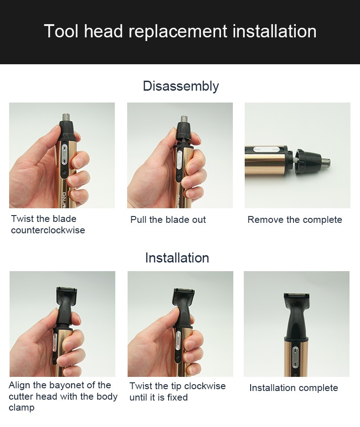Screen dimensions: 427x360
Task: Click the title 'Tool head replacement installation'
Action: (180, 31)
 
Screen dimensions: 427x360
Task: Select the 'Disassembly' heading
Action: (180, 86)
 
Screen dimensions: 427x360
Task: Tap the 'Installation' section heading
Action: (177, 258)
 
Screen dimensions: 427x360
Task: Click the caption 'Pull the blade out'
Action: (168, 220)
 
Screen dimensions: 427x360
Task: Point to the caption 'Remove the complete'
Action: (294, 220)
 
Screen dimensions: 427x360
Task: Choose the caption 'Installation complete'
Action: (293, 388)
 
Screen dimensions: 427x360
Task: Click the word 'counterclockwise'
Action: (48, 230)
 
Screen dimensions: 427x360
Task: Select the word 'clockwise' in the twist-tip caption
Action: (203, 386)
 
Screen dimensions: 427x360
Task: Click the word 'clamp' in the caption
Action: (21, 408)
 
